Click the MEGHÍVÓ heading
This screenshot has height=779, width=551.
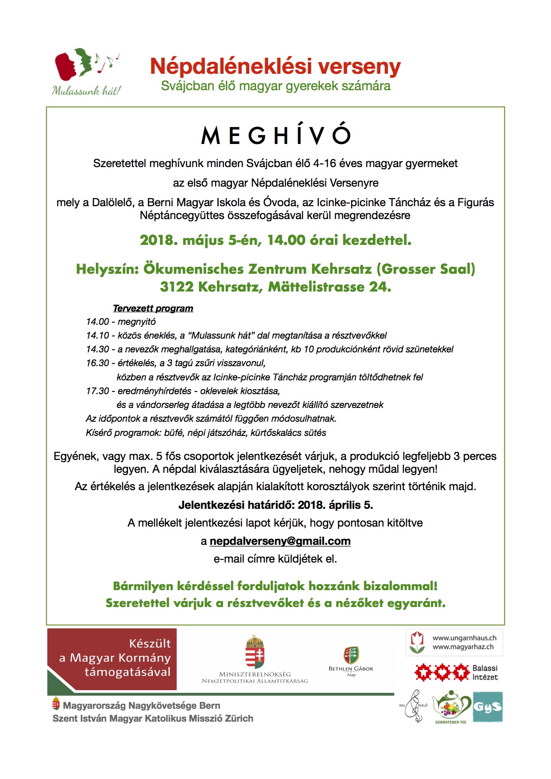pos(275,135)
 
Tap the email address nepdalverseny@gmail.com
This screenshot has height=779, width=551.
pos(280,541)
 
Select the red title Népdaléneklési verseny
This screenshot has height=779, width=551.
pos(275,67)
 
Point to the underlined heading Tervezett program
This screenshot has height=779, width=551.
pos(153,308)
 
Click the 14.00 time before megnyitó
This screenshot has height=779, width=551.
pos(97,322)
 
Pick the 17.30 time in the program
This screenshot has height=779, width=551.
pos(97,391)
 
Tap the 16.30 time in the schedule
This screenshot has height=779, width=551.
pos(97,363)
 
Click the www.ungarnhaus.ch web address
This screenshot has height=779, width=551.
pos(464,638)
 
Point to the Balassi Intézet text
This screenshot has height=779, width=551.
pos(485,673)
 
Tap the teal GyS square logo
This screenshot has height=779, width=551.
pos(487,707)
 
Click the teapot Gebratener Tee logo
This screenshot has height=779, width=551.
pos(451,707)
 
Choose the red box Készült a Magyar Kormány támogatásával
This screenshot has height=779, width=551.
pos(112,659)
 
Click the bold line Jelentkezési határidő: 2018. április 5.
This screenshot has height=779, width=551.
pos(275,505)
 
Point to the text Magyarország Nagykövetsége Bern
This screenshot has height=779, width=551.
pos(141,706)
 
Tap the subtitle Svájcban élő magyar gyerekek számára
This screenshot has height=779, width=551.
pos(275,86)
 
